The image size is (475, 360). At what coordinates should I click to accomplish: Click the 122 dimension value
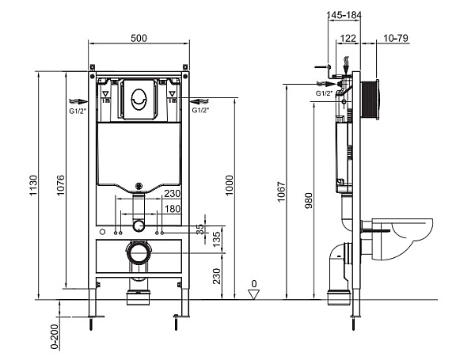(347, 37)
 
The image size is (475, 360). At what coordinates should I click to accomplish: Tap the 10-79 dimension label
(396, 37)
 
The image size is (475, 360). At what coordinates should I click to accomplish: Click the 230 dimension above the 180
(171, 194)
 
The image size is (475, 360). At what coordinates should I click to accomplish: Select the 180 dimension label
(171, 208)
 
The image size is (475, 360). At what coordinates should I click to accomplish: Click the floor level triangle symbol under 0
(253, 294)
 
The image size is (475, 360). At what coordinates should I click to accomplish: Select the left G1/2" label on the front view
(78, 110)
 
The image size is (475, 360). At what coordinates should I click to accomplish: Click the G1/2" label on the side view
(325, 93)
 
